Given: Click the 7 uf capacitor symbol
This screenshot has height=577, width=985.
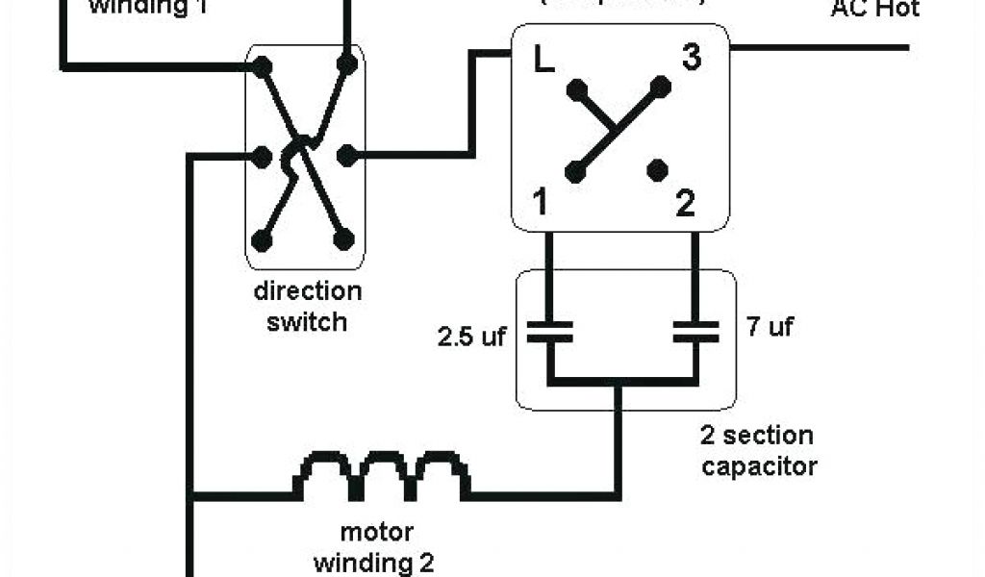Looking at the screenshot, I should click(x=695, y=333).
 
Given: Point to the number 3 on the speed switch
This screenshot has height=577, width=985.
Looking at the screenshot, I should click(x=691, y=58).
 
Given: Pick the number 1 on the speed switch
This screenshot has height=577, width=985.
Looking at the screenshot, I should click(x=541, y=203).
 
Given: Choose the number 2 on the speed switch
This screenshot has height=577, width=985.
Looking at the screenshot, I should click(x=685, y=203).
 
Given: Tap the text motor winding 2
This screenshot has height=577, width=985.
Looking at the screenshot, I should click(x=376, y=546).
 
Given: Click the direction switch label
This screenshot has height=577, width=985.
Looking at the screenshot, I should click(x=307, y=306).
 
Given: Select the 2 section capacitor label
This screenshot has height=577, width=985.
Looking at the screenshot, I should click(x=758, y=451).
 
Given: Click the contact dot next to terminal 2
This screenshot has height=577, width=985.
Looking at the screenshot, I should click(x=658, y=170).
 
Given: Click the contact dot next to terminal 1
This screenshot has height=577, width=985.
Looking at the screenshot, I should click(x=575, y=172).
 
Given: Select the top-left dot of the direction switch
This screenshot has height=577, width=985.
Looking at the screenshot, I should click(x=261, y=66).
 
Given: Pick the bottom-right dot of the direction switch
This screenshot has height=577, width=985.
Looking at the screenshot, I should click(x=343, y=239).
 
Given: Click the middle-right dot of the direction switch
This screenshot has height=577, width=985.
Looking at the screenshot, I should click(x=346, y=154).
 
